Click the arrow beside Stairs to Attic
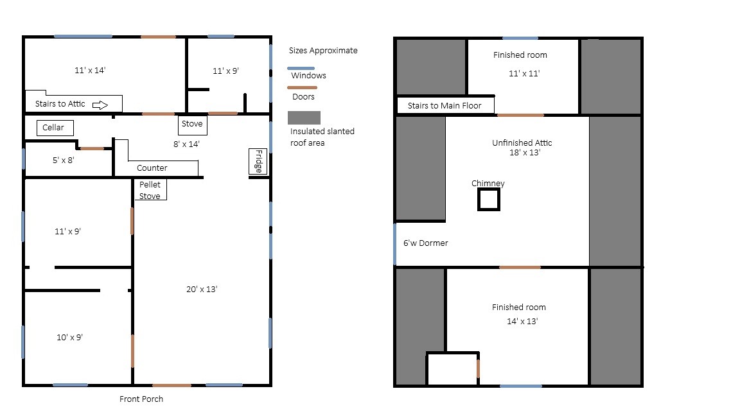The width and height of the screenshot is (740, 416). pos(100,105)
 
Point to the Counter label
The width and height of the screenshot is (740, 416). pos(152,168)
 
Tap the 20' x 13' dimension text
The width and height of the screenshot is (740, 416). pos(202,289)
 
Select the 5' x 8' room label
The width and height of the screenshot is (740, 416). pos(63,160)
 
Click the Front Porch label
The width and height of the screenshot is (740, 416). pos(141,399)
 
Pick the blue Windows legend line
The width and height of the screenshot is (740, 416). pos(301,69)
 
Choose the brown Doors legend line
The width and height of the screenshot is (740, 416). pos(302,88)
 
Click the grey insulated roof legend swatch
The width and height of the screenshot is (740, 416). pos(304,117)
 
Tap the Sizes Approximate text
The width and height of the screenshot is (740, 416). pos(323,51)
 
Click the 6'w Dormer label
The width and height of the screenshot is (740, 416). pos(426,243)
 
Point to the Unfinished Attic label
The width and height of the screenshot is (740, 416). pos(522,143)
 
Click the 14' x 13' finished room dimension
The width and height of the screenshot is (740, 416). pos(522,321)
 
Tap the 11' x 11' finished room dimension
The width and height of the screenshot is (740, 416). pos(524,74)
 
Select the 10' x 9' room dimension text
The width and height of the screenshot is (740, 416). pos(69,337)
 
